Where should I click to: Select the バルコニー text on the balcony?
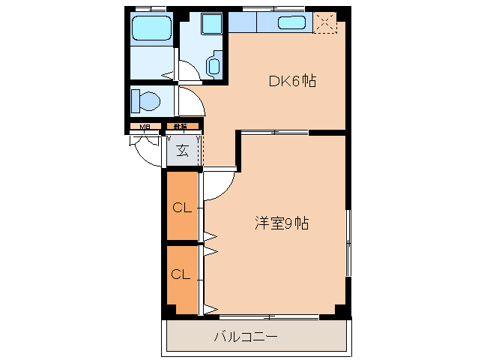pyautogui.click(x=246, y=337)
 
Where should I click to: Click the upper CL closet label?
pyautogui.click(x=182, y=208)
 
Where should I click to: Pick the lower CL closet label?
pyautogui.click(x=182, y=274)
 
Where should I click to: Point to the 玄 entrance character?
pyautogui.click(x=182, y=150)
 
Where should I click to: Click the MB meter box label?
pyautogui.click(x=145, y=127)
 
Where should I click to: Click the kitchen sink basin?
pyautogui.click(x=291, y=22)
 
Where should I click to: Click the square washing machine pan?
pyautogui.click(x=213, y=23)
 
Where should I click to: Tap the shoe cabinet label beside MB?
pyautogui.click(x=181, y=127)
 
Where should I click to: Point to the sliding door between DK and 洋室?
pyautogui.click(x=275, y=133)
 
